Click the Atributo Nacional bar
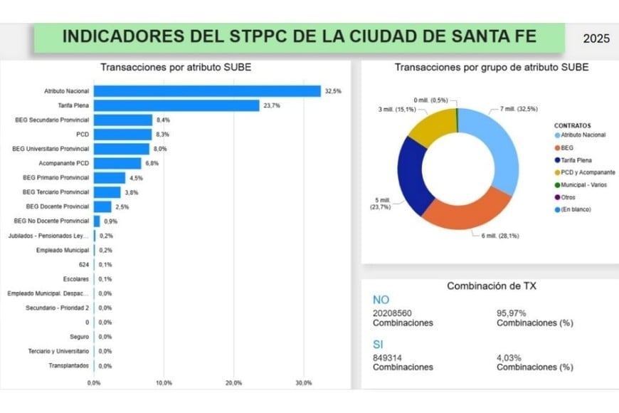tap(206, 91)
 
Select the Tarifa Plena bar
tap(176, 105)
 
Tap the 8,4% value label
tap(164, 120)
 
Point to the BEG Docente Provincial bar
tap(102, 207)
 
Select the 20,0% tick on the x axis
tap(233, 382)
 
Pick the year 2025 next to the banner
tap(596, 39)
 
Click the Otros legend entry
tap(568, 197)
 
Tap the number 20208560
tap(392, 313)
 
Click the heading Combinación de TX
tap(491, 286)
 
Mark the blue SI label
tap(379, 344)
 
